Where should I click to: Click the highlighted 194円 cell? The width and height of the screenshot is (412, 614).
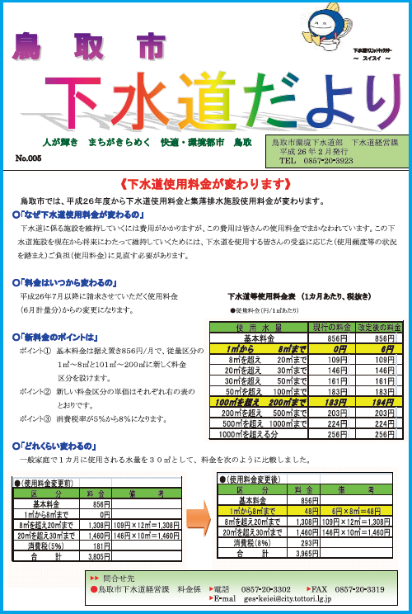coord(377,401)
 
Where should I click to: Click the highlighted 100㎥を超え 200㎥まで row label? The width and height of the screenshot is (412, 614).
coord(258,401)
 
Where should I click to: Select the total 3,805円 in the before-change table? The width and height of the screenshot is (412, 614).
coord(99,558)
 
